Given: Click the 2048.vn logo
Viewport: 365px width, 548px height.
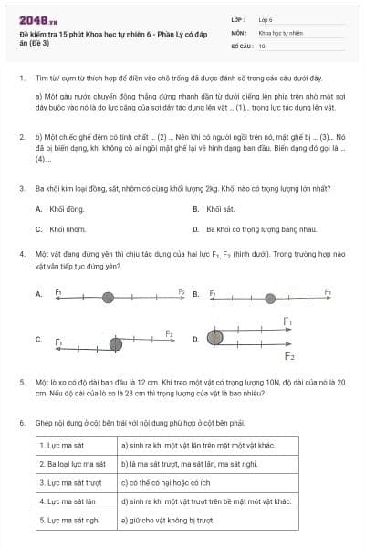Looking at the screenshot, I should pyautogui.click(x=38, y=19).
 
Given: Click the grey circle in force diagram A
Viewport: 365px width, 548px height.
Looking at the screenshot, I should pyautogui.click(x=108, y=296).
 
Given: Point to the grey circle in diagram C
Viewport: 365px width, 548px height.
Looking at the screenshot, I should pyautogui.click(x=116, y=343).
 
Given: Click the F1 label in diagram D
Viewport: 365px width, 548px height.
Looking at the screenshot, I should pyautogui.click(x=287, y=321).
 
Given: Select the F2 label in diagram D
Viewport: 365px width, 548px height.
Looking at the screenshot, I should pyautogui.click(x=289, y=355).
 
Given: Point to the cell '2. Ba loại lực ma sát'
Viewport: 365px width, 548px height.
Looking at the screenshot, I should pyautogui.click(x=77, y=464).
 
